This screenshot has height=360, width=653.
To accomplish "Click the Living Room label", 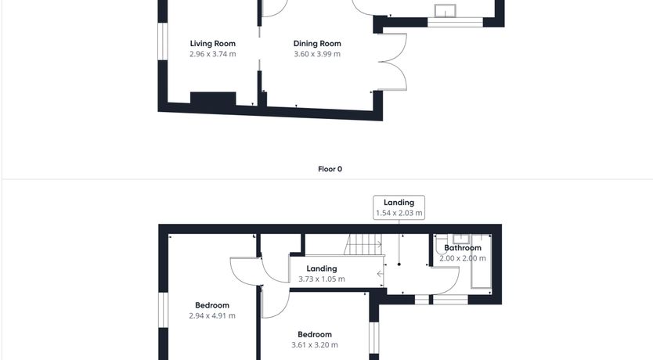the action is pyautogui.click(x=212, y=43).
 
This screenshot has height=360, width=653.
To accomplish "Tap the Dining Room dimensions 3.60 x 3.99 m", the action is pyautogui.click(x=317, y=54).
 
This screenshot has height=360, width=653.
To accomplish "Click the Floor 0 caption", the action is pyautogui.click(x=330, y=169).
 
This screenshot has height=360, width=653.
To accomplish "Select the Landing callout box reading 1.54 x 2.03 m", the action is pyautogui.click(x=399, y=207).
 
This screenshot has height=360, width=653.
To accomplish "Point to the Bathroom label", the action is pyautogui.click(x=462, y=247).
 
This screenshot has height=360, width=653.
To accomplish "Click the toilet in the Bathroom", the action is pyautogui.click(x=441, y=245).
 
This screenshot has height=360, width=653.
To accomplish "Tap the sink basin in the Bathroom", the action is pyautogui.click(x=461, y=239).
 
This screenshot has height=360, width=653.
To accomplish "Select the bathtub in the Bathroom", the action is pyautogui.click(x=481, y=261).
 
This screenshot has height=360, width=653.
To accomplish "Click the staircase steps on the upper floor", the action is pyautogui.click(x=363, y=244).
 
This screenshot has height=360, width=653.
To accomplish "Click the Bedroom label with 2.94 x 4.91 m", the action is pyautogui.click(x=212, y=305).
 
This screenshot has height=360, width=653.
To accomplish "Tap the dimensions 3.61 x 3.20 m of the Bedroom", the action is pyautogui.click(x=315, y=344).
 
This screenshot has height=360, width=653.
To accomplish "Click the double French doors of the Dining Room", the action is pyautogui.click(x=393, y=62).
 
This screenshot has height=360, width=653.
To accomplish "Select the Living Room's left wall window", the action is pyautogui.click(x=163, y=41).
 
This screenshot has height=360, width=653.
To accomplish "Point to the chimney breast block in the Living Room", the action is pyautogui.click(x=213, y=99).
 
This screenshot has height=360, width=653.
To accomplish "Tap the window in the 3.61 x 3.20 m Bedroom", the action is pyautogui.click(x=374, y=338).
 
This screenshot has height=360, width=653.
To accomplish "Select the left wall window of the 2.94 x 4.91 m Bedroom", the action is pyautogui.click(x=163, y=310).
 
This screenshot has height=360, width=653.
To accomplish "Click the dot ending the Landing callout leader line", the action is pyautogui.click(x=399, y=265).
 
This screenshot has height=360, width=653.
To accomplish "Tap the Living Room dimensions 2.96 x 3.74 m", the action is pyautogui.click(x=212, y=54).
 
